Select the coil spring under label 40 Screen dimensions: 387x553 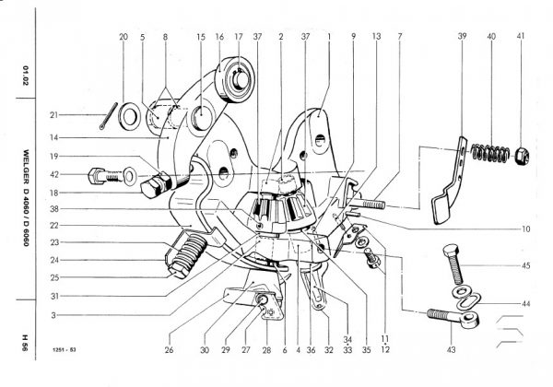[x=490, y=152]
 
